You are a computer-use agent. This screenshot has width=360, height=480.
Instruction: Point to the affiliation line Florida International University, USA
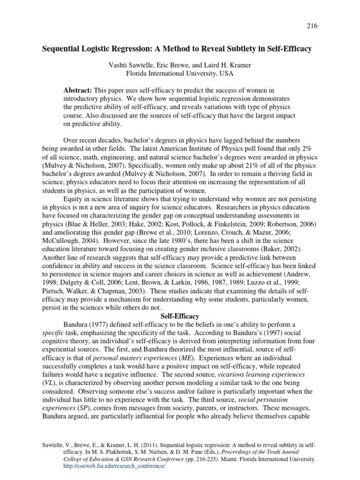180,74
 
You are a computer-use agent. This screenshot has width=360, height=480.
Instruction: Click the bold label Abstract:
78,90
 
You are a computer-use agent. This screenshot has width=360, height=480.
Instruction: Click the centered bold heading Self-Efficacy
180,316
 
